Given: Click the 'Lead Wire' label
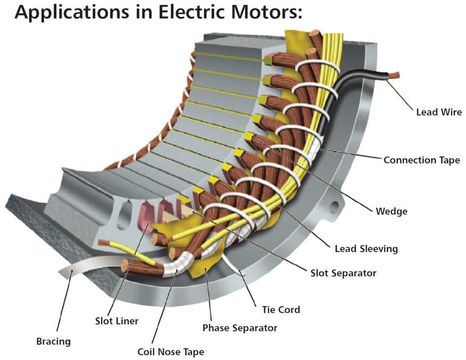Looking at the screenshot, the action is pyautogui.click(x=439, y=112).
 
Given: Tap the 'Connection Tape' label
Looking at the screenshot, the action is pyautogui.click(x=421, y=160).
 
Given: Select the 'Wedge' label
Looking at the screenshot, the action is pyautogui.click(x=391, y=211).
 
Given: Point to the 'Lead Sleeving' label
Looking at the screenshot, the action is pyautogui.click(x=366, y=249).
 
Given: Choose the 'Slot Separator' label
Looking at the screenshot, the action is pyautogui.click(x=343, y=273).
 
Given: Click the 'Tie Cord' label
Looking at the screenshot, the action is pyautogui.click(x=281, y=310).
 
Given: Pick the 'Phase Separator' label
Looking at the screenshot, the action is pyautogui.click(x=240, y=328).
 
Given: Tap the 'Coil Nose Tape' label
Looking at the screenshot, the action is pyautogui.click(x=170, y=352).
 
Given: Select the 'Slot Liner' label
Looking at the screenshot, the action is pyautogui.click(x=117, y=321).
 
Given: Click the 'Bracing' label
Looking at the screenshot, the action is pyautogui.click(x=54, y=341).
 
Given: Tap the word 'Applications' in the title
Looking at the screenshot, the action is pyautogui.click(x=72, y=13).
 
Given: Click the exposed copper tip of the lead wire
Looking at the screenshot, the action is pyautogui.click(x=395, y=75).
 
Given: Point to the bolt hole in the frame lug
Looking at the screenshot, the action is pyautogui.click(x=335, y=206).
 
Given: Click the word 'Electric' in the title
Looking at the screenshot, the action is pyautogui.click(x=190, y=12).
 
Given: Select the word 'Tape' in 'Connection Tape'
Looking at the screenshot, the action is pyautogui.click(x=449, y=160).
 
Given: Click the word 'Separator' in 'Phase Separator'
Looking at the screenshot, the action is pyautogui.click(x=255, y=328).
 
